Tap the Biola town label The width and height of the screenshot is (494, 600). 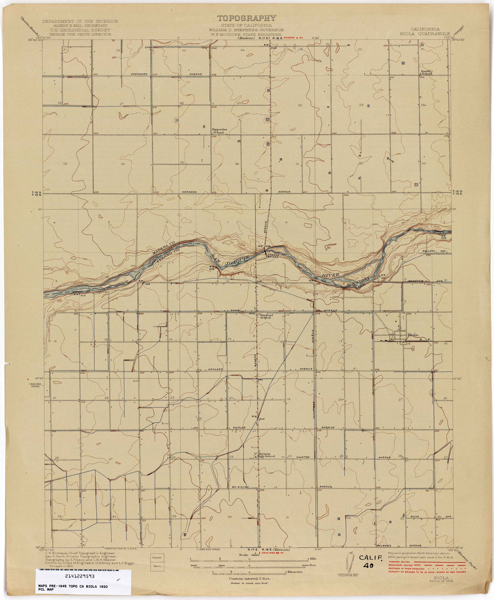413,335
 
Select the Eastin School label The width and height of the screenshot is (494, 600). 427,72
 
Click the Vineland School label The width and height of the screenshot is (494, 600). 266,316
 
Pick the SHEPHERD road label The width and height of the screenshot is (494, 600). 139,74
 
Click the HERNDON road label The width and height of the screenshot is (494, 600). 189,192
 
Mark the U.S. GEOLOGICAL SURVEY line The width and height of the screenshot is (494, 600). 80,30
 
